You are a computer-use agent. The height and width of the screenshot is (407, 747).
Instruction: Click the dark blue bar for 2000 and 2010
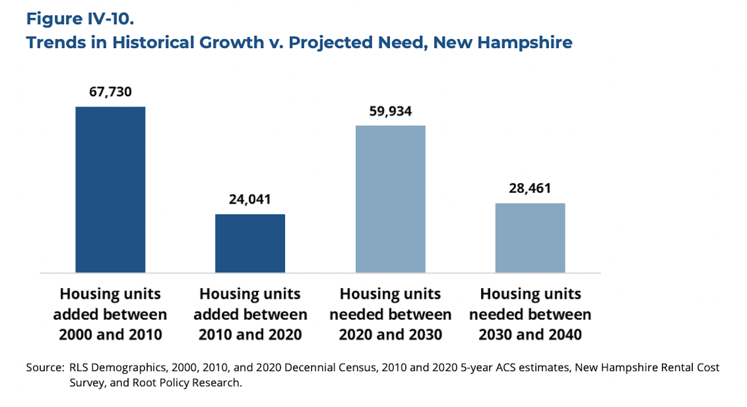(x=110, y=190)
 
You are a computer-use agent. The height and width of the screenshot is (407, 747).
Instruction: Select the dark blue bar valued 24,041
(x=250, y=243)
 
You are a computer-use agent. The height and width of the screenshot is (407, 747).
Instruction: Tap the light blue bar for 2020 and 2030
(x=390, y=199)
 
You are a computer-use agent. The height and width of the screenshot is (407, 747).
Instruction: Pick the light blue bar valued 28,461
(x=530, y=238)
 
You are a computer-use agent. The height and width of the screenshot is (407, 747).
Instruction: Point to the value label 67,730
(x=110, y=92)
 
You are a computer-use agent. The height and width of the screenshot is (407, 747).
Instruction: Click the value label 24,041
(x=250, y=199)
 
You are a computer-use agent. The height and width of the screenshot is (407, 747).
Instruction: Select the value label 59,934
(x=390, y=111)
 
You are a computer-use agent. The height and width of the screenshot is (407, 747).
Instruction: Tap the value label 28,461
(x=530, y=188)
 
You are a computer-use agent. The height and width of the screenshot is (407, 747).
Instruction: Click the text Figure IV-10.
(x=80, y=19)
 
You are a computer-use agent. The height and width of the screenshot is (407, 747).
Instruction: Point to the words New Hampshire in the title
(x=502, y=42)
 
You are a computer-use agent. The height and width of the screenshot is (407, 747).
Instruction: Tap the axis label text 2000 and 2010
(x=111, y=335)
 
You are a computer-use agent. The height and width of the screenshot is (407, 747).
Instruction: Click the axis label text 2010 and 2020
(x=250, y=335)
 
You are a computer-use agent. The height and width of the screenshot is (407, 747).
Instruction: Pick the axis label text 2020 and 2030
(x=390, y=335)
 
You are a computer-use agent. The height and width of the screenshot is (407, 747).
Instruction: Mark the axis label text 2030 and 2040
(x=530, y=335)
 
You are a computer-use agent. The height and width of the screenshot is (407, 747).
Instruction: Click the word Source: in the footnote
(x=45, y=367)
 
